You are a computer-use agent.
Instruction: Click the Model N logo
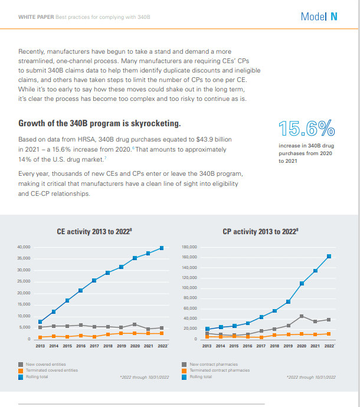click(x=319, y=17)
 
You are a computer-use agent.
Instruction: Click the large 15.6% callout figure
click(x=307, y=128)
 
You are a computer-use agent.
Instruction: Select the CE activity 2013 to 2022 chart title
click(x=94, y=231)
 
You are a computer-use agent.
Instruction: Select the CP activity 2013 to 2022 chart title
click(x=260, y=231)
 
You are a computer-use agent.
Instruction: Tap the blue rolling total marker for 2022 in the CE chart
click(x=162, y=248)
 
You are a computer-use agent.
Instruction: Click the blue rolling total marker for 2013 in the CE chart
click(x=40, y=322)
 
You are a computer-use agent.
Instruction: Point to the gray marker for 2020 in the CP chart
click(x=302, y=316)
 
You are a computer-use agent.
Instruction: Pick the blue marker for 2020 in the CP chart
click(x=302, y=284)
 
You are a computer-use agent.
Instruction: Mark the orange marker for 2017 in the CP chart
click(x=261, y=337)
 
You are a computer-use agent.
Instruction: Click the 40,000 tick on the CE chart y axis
click(x=24, y=247)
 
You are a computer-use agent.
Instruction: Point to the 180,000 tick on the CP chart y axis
click(x=189, y=247)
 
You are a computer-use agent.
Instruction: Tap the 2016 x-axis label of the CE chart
click(x=81, y=346)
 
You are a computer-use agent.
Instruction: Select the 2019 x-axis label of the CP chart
click(x=288, y=346)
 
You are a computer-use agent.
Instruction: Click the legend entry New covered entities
click(x=45, y=365)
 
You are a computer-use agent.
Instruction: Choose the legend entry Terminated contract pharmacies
click(x=220, y=370)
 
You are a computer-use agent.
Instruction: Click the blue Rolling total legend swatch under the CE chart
click(x=21, y=377)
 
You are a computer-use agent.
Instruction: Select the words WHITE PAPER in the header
click(x=36, y=17)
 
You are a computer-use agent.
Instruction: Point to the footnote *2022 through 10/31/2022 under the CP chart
click(x=311, y=377)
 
